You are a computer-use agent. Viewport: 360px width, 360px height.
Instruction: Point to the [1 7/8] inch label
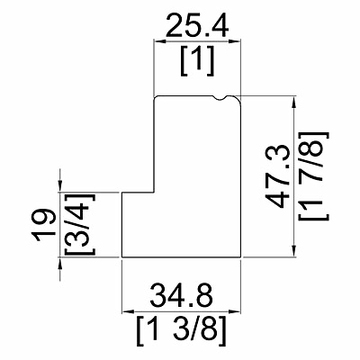[x=314, y=176]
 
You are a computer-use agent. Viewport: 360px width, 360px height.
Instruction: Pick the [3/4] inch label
[x=79, y=224]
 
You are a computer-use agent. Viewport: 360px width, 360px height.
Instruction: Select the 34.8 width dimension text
[x=182, y=296]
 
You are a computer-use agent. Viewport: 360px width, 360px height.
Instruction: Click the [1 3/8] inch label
[x=181, y=330]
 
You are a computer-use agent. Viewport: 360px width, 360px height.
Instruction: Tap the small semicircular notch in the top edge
[x=221, y=98]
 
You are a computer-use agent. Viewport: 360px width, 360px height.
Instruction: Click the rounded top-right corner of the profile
[x=238, y=98]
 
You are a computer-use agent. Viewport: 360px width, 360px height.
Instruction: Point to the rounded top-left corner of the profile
[x=156, y=98]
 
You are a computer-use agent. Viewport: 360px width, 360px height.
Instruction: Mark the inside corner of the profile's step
[x=154, y=193]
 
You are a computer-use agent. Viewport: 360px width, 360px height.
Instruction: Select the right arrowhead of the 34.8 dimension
[x=236, y=312]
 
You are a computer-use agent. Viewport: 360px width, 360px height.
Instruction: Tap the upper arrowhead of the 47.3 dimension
[x=294, y=102]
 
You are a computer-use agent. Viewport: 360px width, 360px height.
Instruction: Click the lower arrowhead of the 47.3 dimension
[x=294, y=251]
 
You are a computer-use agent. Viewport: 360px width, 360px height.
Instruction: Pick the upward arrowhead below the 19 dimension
[x=60, y=263]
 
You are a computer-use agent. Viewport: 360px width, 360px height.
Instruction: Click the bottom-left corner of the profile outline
[x=121, y=257]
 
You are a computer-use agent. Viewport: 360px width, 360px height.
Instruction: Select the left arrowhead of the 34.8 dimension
[x=127, y=312]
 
